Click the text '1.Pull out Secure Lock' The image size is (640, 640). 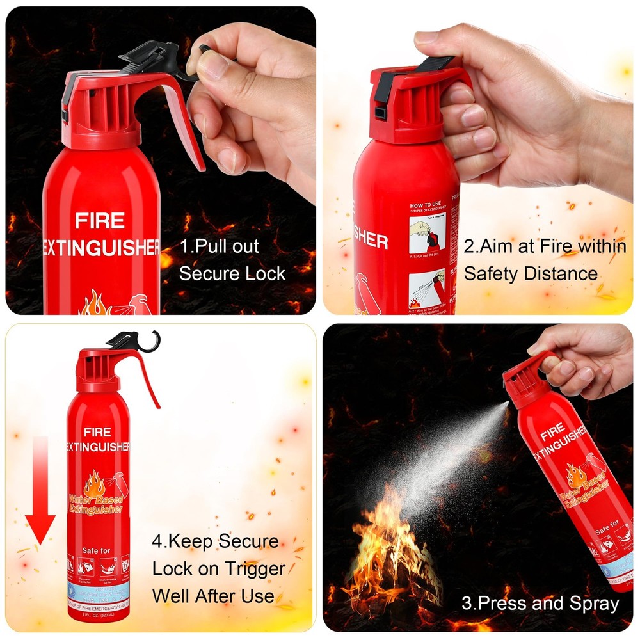(x=232, y=260)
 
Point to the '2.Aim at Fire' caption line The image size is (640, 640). (x=544, y=246)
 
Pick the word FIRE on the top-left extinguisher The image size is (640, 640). (x=99, y=221)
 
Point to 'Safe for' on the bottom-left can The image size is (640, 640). (x=97, y=550)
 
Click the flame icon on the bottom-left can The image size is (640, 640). (x=94, y=483)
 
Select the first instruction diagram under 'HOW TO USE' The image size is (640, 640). (x=427, y=234)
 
